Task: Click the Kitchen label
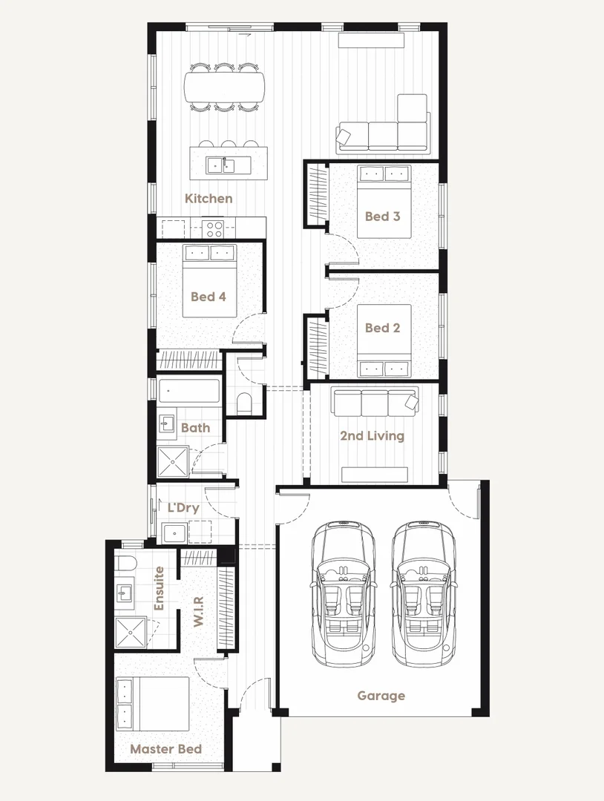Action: (x=209, y=199)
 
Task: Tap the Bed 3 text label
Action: (x=382, y=217)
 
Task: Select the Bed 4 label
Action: (x=208, y=297)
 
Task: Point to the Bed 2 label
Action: (x=382, y=328)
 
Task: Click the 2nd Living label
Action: (x=372, y=435)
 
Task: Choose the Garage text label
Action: (x=381, y=696)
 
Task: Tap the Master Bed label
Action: (x=165, y=749)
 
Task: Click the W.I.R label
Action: (x=198, y=610)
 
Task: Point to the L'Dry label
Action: (x=183, y=509)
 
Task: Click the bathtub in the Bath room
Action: (x=189, y=391)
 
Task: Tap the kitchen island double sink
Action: (x=220, y=165)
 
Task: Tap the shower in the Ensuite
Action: (x=133, y=632)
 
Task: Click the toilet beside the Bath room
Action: (x=244, y=403)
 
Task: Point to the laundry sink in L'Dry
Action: (x=175, y=532)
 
